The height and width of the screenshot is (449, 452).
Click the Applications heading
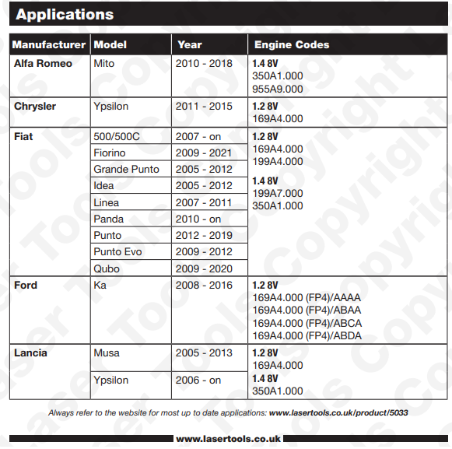click(65, 15)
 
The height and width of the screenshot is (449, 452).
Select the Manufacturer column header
click(49, 45)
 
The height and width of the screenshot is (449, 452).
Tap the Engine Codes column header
click(292, 45)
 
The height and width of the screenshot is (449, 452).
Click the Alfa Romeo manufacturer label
click(43, 64)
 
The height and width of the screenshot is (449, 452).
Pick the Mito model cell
click(104, 64)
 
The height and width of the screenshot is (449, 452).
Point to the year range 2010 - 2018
click(205, 64)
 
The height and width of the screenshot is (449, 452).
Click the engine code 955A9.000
click(278, 89)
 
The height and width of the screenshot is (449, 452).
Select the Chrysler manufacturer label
click(35, 106)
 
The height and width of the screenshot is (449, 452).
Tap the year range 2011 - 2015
click(205, 106)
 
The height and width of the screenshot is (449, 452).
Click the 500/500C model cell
click(117, 136)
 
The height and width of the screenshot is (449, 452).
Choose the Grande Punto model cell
click(126, 169)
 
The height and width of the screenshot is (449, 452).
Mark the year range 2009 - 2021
click(205, 153)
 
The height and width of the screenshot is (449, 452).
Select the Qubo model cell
click(107, 268)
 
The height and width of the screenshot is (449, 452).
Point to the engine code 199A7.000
click(278, 194)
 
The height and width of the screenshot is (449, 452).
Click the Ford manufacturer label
click(26, 286)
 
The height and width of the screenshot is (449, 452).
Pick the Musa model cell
click(107, 353)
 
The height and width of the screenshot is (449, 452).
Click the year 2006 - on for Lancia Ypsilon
click(199, 381)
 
